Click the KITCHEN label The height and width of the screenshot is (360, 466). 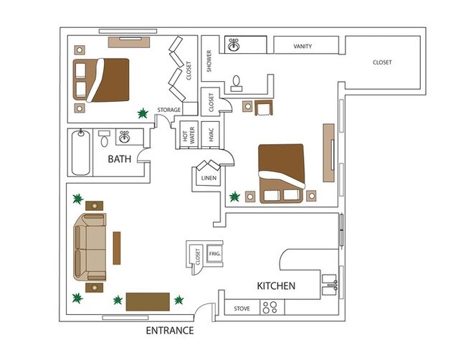tap(276, 285)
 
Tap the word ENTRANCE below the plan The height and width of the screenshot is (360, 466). tap(170, 331)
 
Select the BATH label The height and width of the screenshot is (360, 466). tap(120, 158)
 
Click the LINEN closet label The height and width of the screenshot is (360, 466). tap(209, 178)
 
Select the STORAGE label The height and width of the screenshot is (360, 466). tap(169, 110)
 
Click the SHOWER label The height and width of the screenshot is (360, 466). tap(209, 62)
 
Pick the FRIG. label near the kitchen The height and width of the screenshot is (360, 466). tap(213, 254)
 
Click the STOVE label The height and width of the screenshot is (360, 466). tap(242, 309)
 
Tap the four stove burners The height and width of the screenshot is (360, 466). tap(270, 308)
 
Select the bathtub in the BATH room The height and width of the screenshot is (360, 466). tap(81, 153)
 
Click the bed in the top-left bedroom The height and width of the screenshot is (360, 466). tap(103, 79)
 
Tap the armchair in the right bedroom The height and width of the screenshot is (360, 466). tap(263, 108)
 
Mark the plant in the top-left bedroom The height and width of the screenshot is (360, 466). tap(143, 113)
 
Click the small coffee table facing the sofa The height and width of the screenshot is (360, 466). tap(116, 247)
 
